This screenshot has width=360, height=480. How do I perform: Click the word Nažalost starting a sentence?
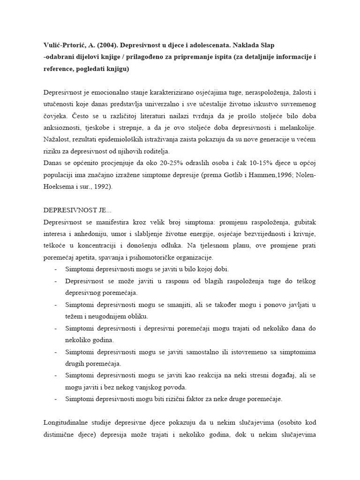coord(58,139)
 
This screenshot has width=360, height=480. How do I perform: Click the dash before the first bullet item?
coord(56,270)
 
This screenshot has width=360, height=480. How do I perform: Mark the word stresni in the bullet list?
coord(250,375)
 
